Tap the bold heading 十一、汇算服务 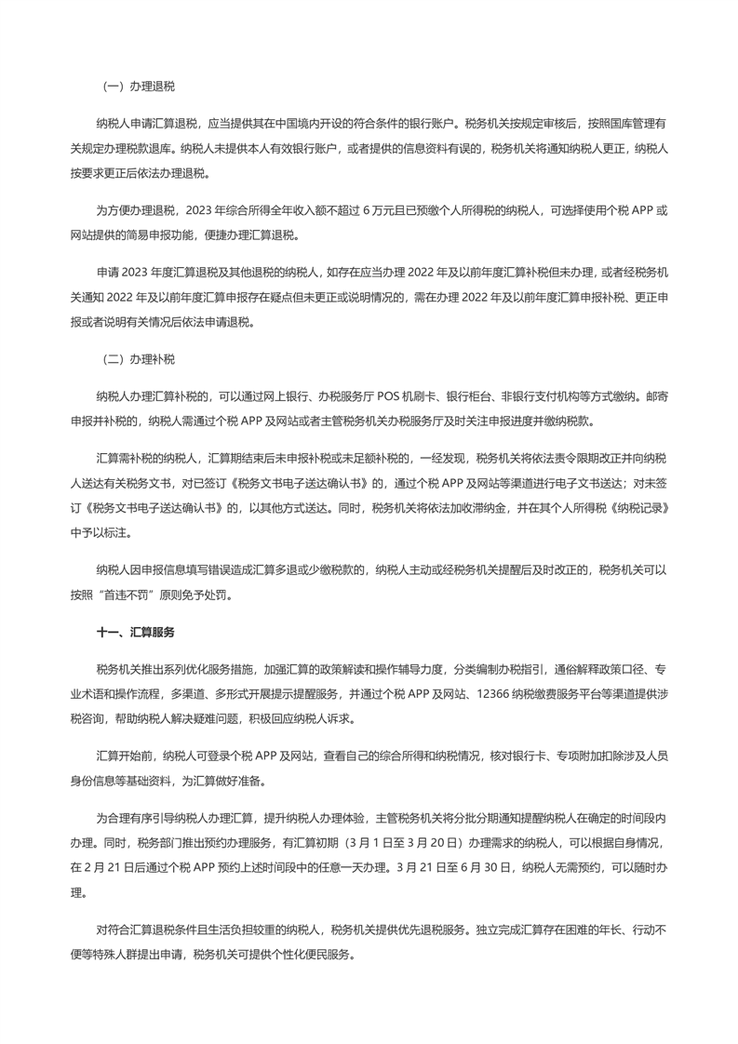(136, 631)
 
